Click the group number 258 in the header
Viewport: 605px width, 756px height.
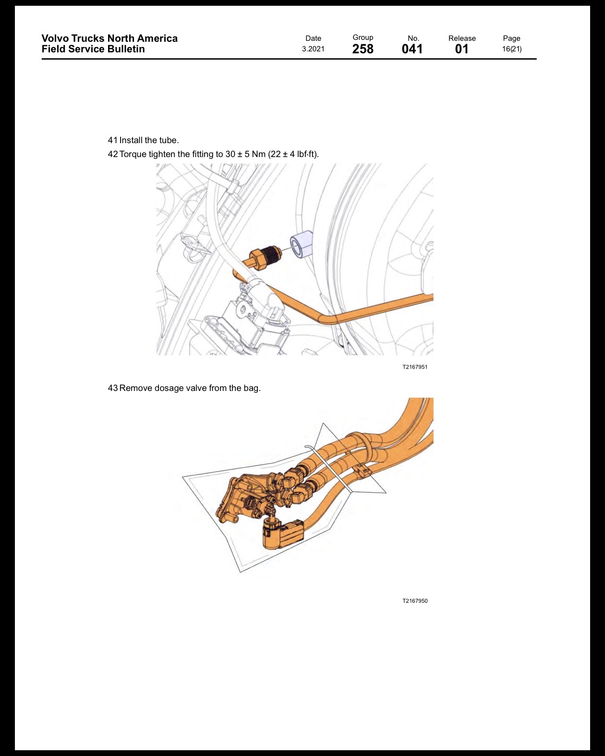363,49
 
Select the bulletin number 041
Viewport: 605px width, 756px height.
412,49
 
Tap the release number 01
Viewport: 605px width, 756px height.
461,49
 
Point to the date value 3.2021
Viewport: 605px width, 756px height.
313,49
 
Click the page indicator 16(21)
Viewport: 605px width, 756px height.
511,49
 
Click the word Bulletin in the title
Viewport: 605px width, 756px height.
126,49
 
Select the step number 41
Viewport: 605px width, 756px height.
112,140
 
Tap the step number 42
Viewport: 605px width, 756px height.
112,154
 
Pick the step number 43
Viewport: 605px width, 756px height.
112,388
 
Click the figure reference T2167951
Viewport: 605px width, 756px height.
415,367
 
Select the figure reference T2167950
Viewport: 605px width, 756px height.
415,601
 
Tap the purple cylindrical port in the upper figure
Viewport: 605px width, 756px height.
302,244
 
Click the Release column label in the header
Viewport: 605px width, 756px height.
462,38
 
